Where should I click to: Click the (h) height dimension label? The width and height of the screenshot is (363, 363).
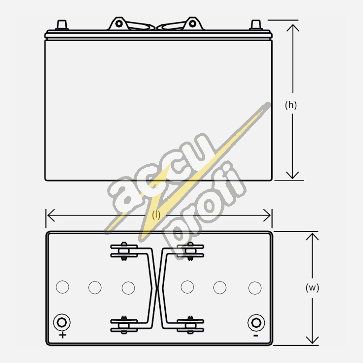(291, 105)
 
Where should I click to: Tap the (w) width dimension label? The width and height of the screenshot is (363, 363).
(312, 288)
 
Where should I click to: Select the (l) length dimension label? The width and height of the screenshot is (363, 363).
(156, 215)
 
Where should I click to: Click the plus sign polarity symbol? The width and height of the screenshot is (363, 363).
(62, 335)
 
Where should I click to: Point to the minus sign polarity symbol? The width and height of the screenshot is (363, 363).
(255, 335)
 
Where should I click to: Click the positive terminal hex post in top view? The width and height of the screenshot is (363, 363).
(62, 322)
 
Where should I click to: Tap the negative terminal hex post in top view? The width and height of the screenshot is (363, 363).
(256, 322)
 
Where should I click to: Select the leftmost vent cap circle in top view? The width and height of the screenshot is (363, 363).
(62, 287)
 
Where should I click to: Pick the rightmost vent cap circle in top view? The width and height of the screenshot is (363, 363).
(255, 288)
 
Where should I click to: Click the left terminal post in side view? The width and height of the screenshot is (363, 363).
(62, 25)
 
